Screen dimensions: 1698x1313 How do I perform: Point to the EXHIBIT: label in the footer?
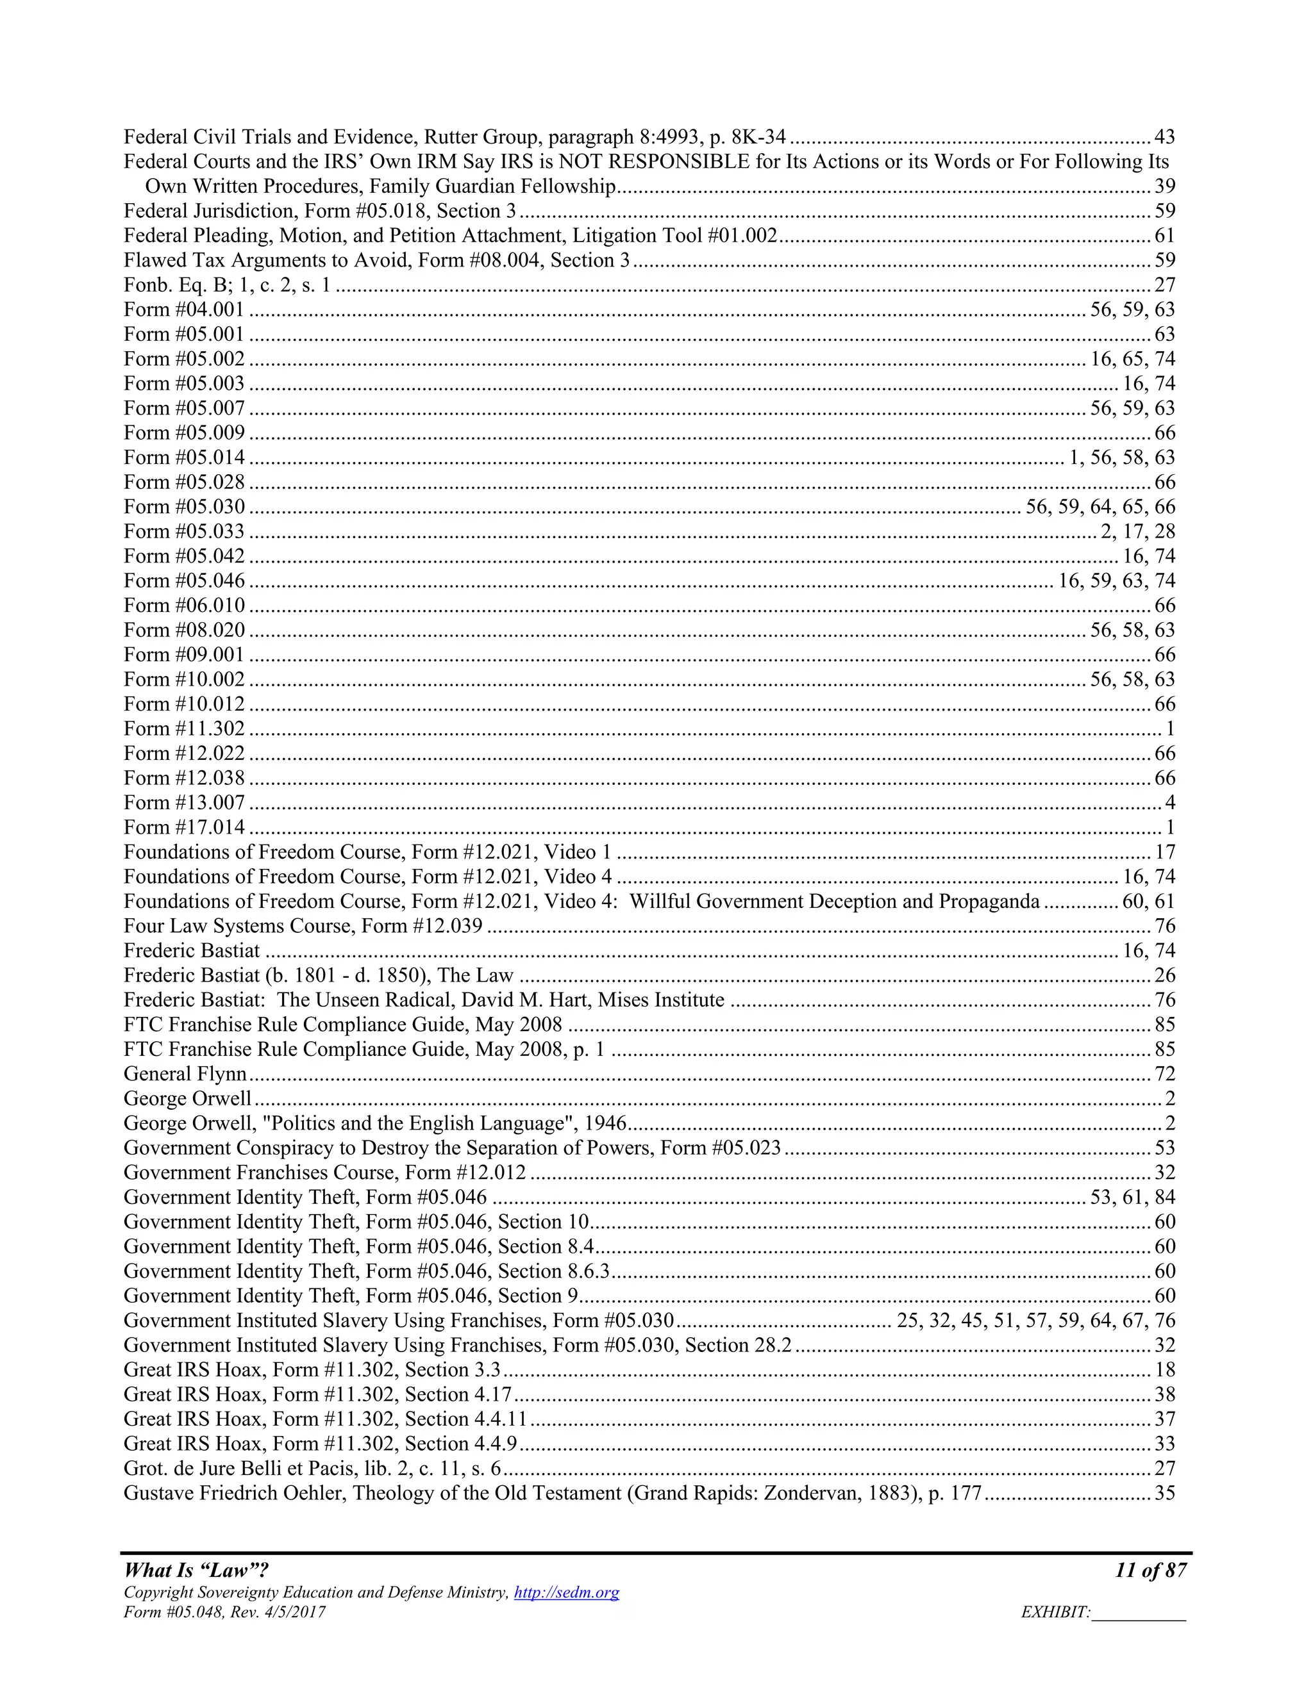1055,1613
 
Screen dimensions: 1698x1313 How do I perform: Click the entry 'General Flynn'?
185,1074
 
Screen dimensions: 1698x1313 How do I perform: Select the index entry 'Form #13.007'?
185,802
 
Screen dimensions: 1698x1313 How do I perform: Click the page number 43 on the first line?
1164,137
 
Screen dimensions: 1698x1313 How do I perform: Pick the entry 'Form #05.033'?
185,531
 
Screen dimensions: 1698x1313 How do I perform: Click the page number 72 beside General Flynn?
1164,1074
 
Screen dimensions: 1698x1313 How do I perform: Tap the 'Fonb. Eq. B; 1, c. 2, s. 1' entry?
227,284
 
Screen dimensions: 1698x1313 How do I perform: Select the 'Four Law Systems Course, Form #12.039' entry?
303,926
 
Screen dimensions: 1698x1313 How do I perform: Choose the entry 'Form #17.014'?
185,827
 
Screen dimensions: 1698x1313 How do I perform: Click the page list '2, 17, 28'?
1137,531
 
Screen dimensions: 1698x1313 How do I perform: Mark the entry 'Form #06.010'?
185,605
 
